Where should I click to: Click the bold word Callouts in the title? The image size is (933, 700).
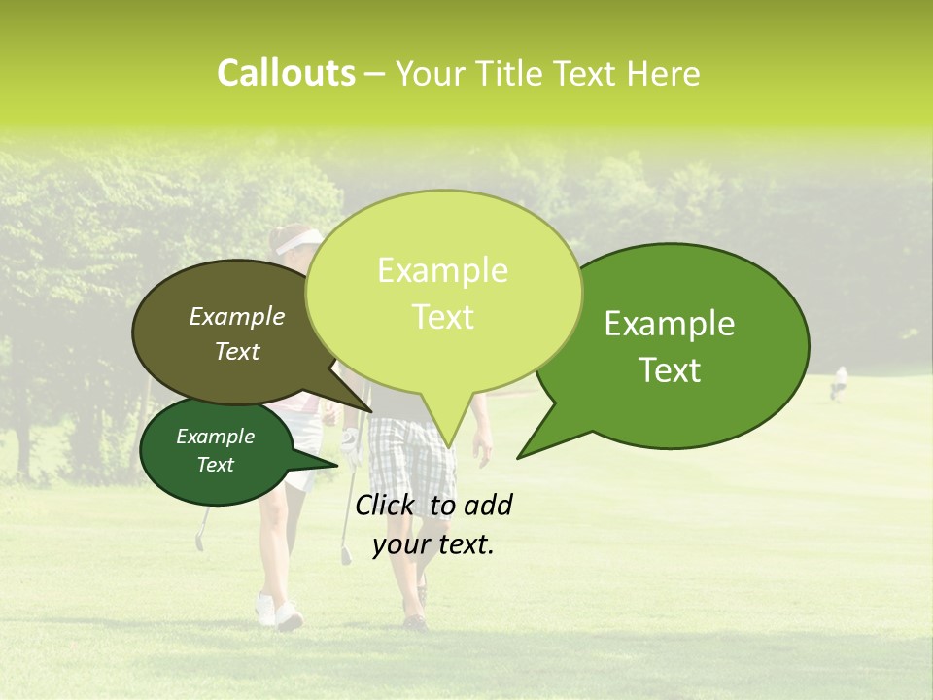(x=286, y=74)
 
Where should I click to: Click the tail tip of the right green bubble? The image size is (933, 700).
(x=519, y=456)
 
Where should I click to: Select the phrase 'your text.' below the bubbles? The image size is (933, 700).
(x=433, y=544)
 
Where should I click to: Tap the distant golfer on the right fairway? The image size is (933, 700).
(x=838, y=383)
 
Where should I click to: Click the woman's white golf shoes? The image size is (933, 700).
(x=278, y=612)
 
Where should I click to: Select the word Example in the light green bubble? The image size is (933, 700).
(x=442, y=270)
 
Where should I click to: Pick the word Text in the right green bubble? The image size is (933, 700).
(x=670, y=370)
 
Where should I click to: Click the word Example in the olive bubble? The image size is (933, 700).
(x=237, y=316)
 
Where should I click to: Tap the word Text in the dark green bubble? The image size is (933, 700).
(x=216, y=465)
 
